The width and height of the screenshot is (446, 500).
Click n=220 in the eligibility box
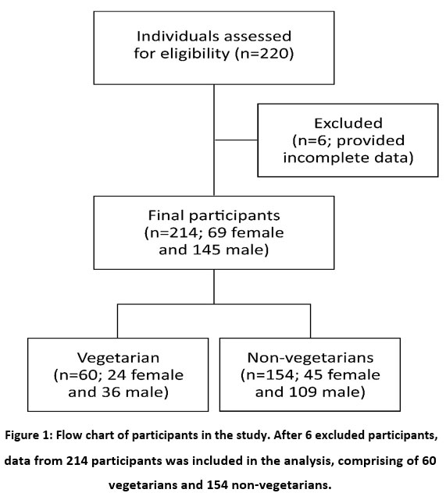pos(264,54)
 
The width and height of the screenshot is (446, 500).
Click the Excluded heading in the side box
pos(348,123)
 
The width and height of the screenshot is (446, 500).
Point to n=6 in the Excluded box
pos(313,140)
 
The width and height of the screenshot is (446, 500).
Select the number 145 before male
pos(206,250)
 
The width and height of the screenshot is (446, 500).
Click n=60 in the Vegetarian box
pos(78,375)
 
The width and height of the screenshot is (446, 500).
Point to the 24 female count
pos(145,375)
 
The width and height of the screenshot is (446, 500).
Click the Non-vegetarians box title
pos(310,357)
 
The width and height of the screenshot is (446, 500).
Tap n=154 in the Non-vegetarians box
pos(270,375)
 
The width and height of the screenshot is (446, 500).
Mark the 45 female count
pos(341,375)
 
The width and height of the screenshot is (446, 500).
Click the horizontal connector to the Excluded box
pos(236,140)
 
